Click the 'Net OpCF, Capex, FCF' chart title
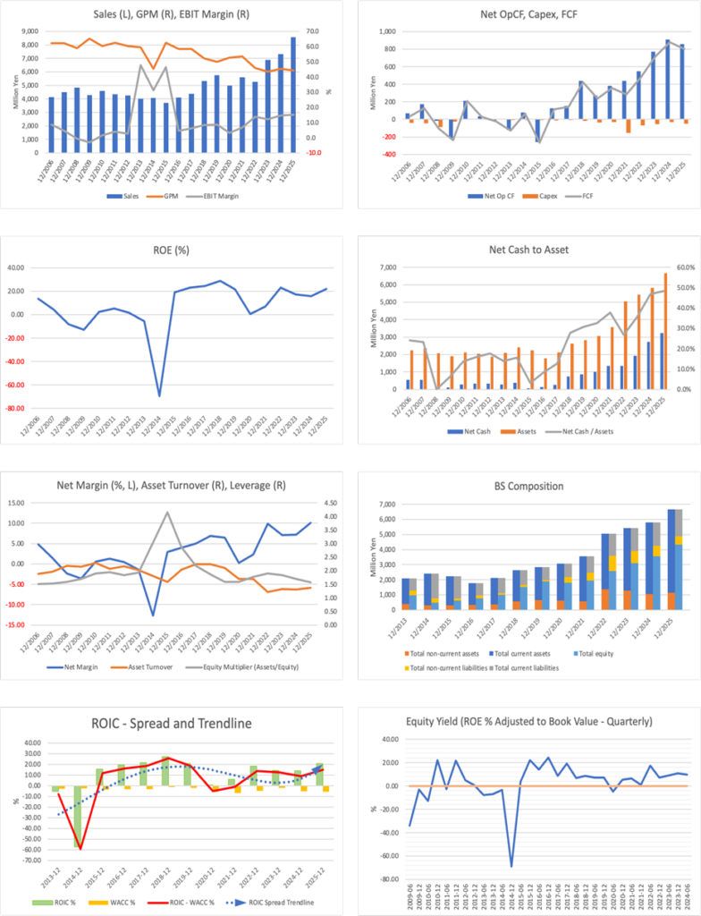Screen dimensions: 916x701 point(526,15)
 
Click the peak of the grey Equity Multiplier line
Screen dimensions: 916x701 point(166,513)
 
